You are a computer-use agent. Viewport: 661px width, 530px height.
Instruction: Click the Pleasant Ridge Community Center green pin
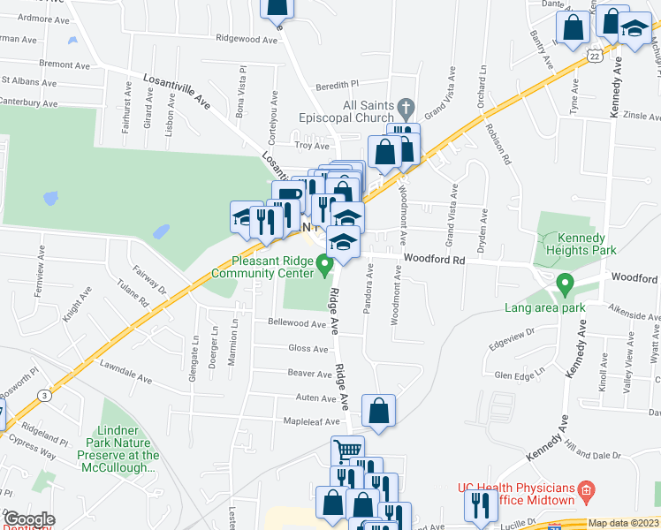click(324, 263)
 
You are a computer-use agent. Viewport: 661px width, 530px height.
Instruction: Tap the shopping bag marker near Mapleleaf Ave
click(378, 412)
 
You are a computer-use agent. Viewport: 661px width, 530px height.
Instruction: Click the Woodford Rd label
click(434, 260)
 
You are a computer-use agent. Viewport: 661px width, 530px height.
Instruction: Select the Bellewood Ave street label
click(297, 323)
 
